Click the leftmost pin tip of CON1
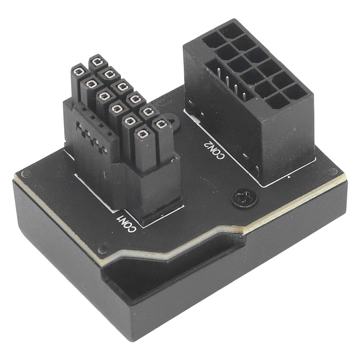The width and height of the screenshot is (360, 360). pos(80,71)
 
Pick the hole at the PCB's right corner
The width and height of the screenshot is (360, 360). pos(332,171)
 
